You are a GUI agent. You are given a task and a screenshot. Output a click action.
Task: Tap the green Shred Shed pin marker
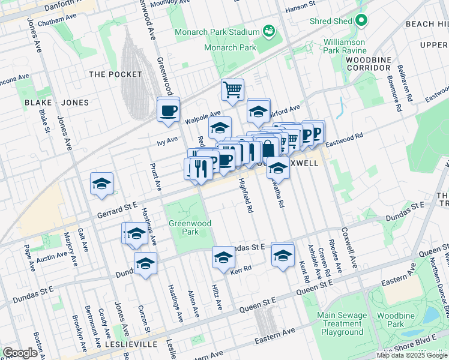[361, 21]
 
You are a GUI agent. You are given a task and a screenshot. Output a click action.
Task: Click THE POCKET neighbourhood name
[115, 74]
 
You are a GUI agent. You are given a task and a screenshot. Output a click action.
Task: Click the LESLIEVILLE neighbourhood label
[129, 344]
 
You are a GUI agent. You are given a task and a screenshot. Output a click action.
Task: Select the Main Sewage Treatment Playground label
[342, 323]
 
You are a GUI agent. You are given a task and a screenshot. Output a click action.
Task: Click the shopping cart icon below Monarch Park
[232, 90]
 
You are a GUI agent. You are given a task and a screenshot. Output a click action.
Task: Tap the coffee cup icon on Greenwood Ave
[168, 110]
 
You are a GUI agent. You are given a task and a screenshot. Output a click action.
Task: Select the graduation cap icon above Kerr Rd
[223, 257]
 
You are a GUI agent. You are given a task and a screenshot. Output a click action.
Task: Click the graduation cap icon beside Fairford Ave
[259, 112]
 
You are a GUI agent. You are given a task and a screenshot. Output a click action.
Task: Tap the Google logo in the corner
[20, 353]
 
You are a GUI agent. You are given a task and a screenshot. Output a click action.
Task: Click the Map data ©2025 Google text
[412, 355]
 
